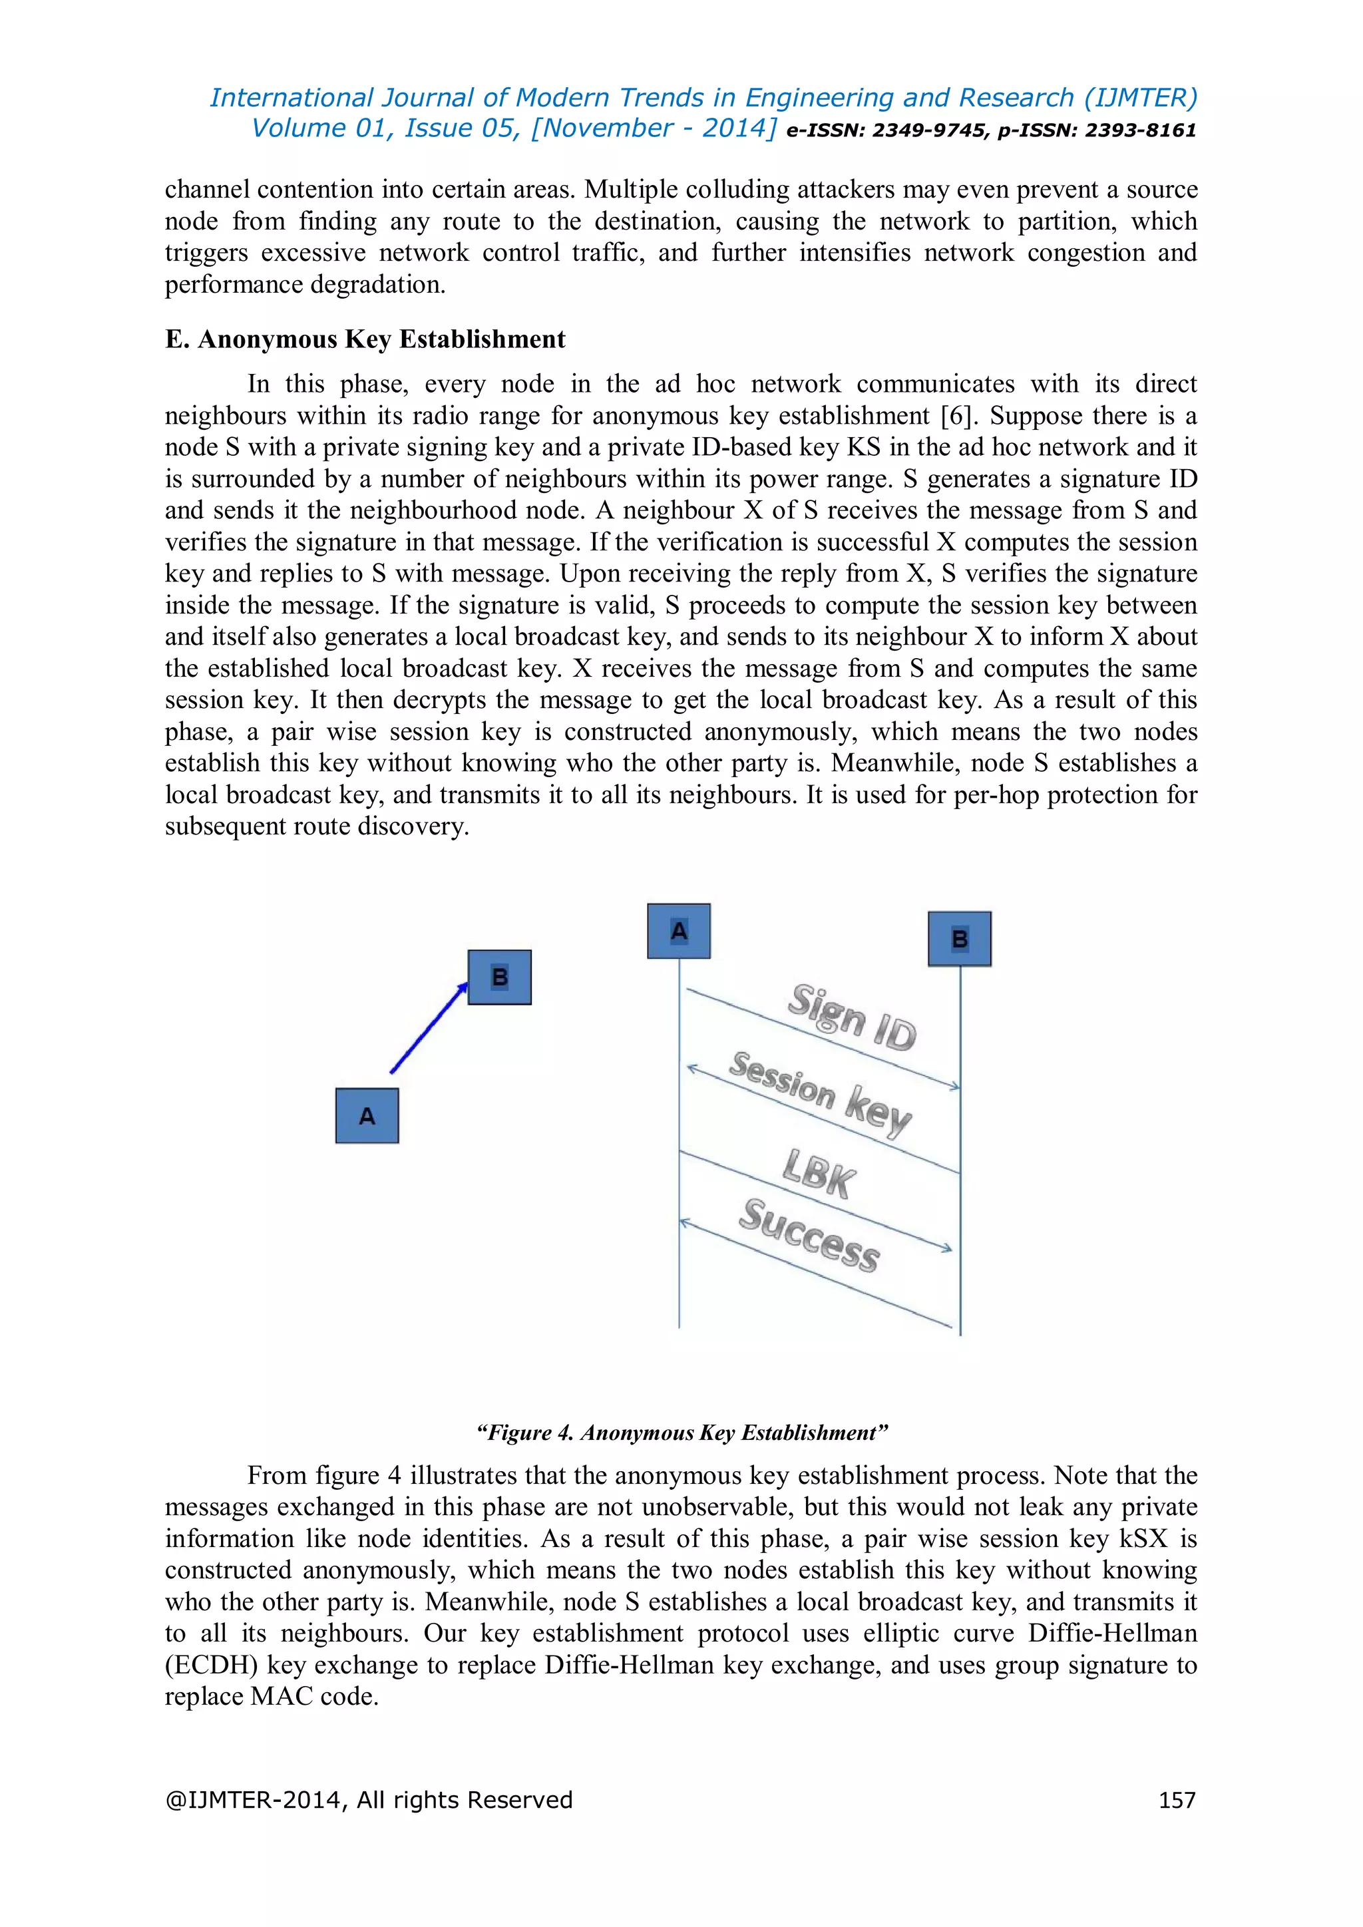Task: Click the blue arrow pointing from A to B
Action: (429, 1028)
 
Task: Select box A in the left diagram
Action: (367, 1115)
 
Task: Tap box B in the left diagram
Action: (499, 977)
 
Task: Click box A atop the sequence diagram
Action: (679, 931)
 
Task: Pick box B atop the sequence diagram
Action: (959, 938)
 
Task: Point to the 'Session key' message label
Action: (820, 1094)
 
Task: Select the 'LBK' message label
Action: (819, 1173)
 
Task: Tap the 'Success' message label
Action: (809, 1234)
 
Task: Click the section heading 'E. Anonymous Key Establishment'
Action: (365, 339)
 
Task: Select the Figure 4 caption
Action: (681, 1433)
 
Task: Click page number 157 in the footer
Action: (1177, 1801)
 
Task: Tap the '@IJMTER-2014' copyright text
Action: (253, 1801)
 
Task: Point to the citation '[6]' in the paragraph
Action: (956, 415)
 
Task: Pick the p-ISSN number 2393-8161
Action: (1141, 130)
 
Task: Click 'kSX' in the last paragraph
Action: (1144, 1538)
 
